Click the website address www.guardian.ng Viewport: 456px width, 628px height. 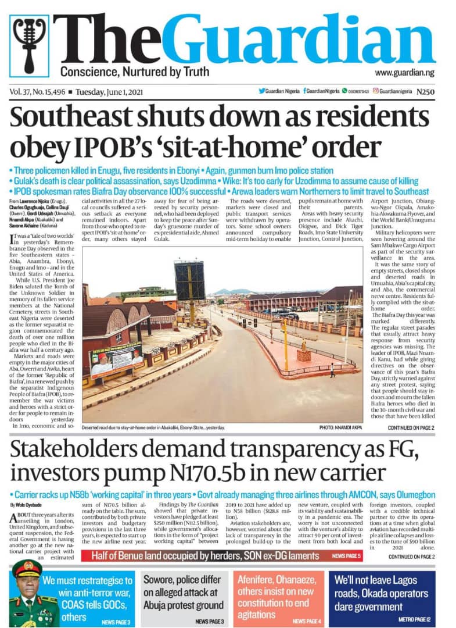(404, 73)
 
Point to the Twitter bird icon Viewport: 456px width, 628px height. (261, 91)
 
